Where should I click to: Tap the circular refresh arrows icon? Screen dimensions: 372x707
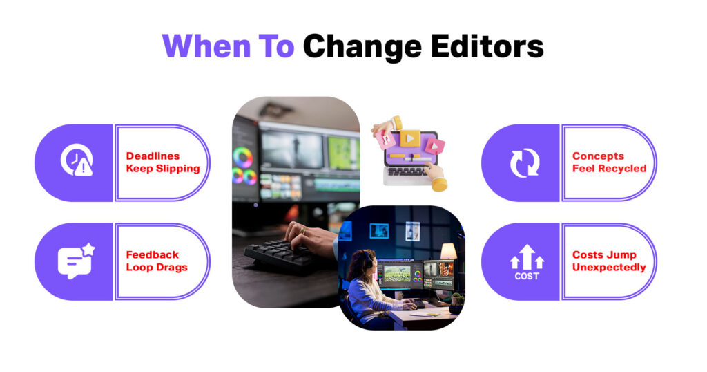(524, 163)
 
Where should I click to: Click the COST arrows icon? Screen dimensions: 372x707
(527, 261)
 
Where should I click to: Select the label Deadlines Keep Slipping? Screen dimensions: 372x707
(162, 162)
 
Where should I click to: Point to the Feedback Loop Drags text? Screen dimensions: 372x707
(156, 261)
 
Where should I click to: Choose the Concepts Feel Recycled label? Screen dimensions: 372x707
(609, 162)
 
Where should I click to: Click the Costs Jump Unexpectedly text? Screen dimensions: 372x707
(609, 261)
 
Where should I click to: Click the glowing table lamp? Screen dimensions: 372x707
(449, 250)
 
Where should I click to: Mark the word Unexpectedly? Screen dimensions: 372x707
(609, 268)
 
